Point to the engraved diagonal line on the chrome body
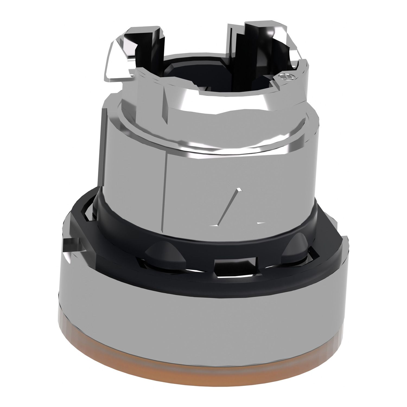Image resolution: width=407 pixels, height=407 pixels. point(229,206)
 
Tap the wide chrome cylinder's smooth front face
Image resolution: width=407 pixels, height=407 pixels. point(217,176)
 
